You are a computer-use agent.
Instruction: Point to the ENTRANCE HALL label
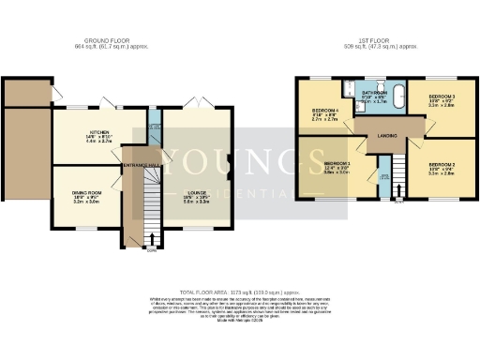(x=142, y=165)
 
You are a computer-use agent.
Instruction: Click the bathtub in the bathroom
(x=397, y=97)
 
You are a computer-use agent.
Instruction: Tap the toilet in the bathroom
(x=349, y=94)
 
